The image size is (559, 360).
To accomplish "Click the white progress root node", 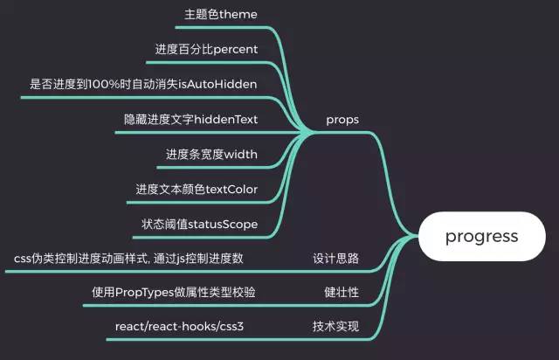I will click(x=481, y=236).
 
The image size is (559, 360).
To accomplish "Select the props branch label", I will click(x=342, y=118).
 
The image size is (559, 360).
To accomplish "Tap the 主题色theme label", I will click(x=221, y=14).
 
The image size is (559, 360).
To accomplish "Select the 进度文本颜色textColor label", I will click(x=197, y=189).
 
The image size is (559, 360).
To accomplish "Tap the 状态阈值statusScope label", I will click(x=199, y=224).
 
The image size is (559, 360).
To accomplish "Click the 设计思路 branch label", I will click(x=336, y=258).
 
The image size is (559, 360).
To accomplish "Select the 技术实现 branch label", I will click(x=336, y=327).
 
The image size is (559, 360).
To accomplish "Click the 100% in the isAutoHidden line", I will click(x=103, y=84).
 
